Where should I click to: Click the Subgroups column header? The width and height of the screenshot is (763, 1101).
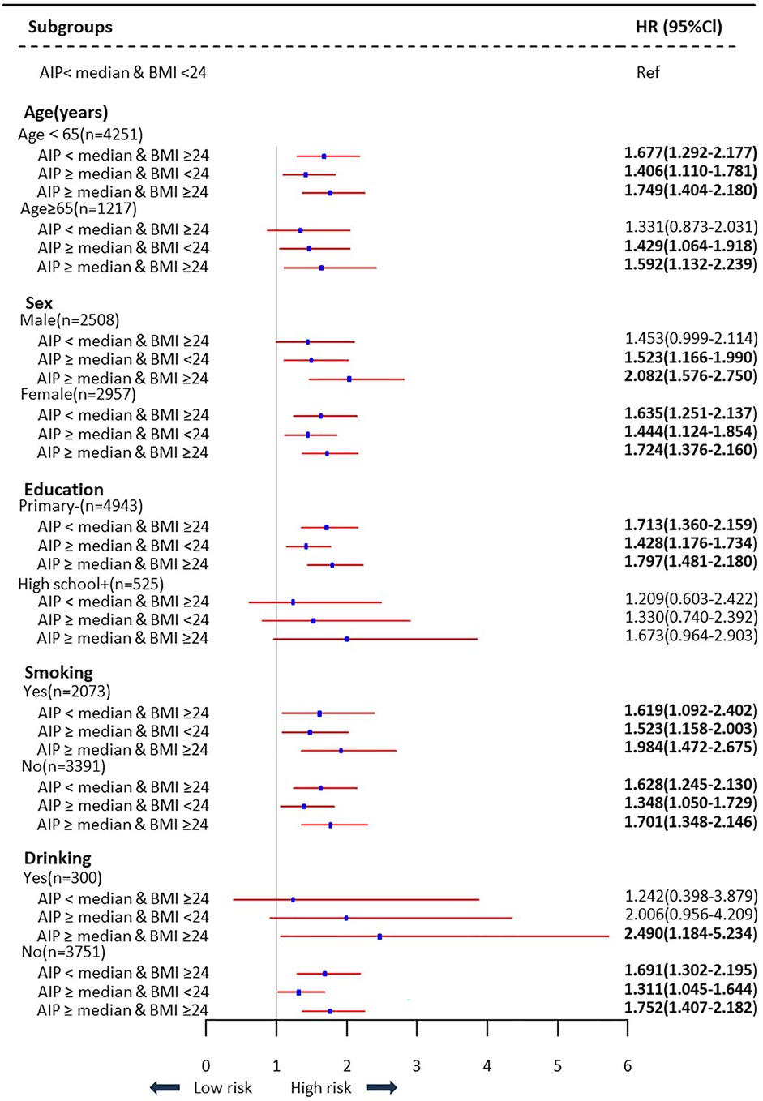point(70,27)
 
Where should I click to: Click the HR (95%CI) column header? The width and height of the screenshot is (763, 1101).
point(678,27)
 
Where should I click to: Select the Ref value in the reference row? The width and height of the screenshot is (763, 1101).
point(648,72)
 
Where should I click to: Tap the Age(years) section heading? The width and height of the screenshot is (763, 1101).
point(66,113)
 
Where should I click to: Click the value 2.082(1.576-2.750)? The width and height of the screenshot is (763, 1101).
point(691,375)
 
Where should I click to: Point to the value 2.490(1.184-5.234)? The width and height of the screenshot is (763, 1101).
point(691,933)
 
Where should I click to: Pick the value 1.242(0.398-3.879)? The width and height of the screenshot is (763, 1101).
point(691,896)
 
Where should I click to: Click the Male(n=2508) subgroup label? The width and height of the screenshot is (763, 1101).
point(69,320)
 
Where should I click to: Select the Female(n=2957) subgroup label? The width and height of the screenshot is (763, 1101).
point(77,394)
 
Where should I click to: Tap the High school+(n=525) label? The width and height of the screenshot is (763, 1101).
point(91,584)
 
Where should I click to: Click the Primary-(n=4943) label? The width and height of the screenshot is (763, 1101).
point(80,506)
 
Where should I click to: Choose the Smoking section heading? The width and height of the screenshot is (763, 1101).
point(58,672)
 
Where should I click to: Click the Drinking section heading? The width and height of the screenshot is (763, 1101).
point(58,858)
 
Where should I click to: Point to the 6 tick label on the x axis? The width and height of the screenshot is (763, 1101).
point(627,1065)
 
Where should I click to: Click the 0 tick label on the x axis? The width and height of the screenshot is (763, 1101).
point(206,1065)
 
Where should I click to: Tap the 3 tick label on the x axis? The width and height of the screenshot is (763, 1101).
point(417,1065)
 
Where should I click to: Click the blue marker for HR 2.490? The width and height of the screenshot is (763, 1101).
point(379,936)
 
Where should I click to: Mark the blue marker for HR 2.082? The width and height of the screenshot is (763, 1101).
point(349,379)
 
